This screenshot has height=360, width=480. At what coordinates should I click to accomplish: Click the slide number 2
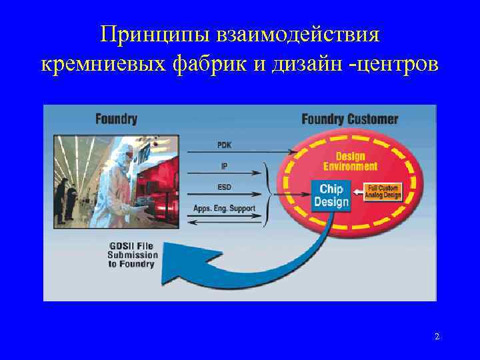437,337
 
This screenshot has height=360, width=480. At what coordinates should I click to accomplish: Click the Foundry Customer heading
349,119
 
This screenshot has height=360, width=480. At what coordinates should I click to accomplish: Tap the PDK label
225,144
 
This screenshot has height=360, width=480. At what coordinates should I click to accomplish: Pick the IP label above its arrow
225,165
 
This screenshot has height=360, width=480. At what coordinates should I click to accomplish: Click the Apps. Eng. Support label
225,208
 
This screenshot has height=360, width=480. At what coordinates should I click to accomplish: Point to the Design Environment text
350,161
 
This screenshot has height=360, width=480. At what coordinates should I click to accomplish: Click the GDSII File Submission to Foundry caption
133,255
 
